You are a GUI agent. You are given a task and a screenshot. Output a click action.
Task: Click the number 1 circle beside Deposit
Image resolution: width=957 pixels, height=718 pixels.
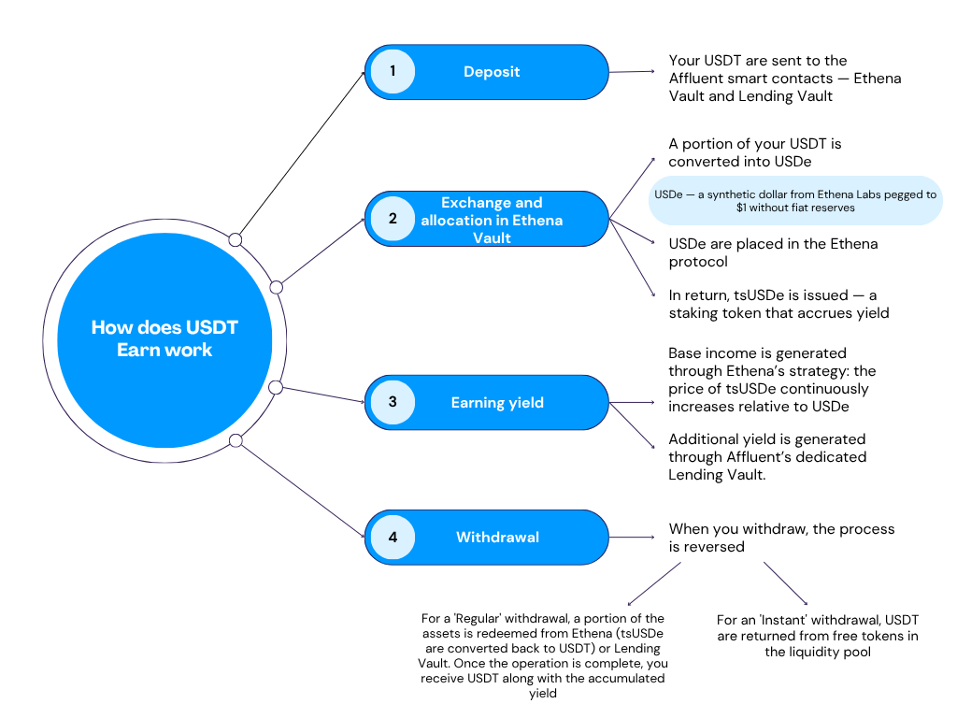pyautogui.click(x=393, y=71)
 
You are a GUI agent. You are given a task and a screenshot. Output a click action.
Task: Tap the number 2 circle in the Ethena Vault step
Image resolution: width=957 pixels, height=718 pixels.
pyautogui.click(x=393, y=219)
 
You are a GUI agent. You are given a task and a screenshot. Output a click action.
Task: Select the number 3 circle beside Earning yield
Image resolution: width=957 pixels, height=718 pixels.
pyautogui.click(x=393, y=403)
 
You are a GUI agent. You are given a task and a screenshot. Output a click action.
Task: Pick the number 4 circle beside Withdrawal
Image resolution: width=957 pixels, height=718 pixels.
pyautogui.click(x=393, y=538)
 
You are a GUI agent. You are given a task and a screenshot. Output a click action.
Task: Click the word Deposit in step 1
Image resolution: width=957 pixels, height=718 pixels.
pyautogui.click(x=492, y=72)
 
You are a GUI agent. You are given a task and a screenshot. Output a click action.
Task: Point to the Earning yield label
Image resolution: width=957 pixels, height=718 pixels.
pyautogui.click(x=497, y=403)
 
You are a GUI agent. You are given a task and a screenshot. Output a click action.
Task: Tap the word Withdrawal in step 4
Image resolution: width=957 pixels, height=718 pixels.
pyautogui.click(x=497, y=538)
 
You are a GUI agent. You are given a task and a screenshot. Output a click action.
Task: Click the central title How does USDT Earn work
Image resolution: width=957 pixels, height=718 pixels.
pyautogui.click(x=164, y=338)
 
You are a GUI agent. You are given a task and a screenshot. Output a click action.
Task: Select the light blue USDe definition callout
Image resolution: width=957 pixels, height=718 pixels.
pyautogui.click(x=795, y=200)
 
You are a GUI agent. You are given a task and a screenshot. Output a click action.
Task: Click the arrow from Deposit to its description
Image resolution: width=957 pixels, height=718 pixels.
pyautogui.click(x=634, y=72)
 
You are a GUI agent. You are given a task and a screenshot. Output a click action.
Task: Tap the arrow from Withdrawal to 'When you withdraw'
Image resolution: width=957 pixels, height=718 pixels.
pyautogui.click(x=634, y=538)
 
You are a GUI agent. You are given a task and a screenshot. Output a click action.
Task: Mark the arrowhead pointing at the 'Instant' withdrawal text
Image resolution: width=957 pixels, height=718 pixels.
pyautogui.click(x=805, y=603)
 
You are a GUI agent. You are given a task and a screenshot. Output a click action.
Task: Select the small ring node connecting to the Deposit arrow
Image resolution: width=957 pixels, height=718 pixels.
pyautogui.click(x=236, y=240)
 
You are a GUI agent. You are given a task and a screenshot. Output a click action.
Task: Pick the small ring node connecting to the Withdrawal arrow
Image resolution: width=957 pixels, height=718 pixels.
pyautogui.click(x=236, y=440)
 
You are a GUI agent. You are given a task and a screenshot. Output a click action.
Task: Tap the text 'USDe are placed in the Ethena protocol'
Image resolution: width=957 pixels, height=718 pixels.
pyautogui.click(x=773, y=252)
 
